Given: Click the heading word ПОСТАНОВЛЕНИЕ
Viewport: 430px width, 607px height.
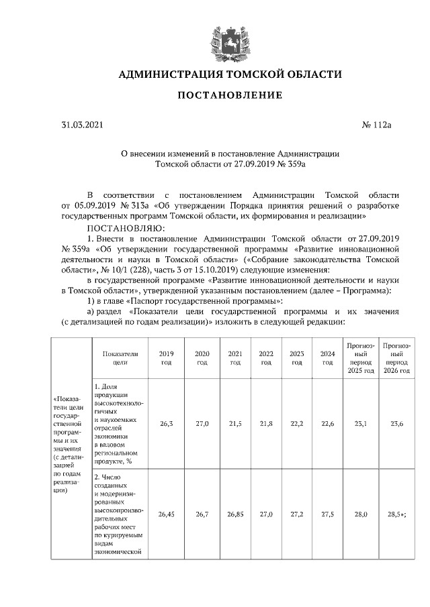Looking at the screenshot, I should (230, 96).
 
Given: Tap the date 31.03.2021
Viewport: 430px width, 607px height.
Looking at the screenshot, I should (83, 125).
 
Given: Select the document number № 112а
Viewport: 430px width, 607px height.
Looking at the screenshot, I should (376, 125).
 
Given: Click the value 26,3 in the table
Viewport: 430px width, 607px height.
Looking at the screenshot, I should (165, 424).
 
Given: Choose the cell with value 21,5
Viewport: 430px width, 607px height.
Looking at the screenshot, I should (234, 424).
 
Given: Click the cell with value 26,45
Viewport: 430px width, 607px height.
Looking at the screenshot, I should (165, 514).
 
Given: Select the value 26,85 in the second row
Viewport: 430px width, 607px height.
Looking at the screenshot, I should (234, 514).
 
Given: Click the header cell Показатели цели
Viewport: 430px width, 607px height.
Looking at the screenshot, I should (120, 357).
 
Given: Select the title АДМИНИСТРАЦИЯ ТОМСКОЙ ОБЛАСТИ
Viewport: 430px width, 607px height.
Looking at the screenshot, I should (230, 73).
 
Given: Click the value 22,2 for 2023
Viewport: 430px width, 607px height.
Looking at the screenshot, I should (296, 424).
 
